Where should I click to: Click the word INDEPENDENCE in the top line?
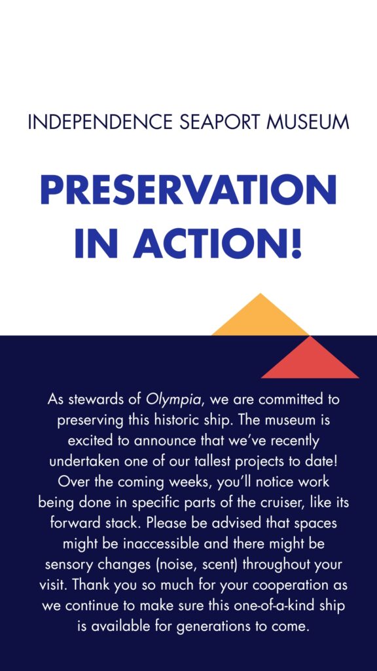click(99, 122)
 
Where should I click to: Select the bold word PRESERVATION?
click(188, 190)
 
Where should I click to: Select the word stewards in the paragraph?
click(97, 400)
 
